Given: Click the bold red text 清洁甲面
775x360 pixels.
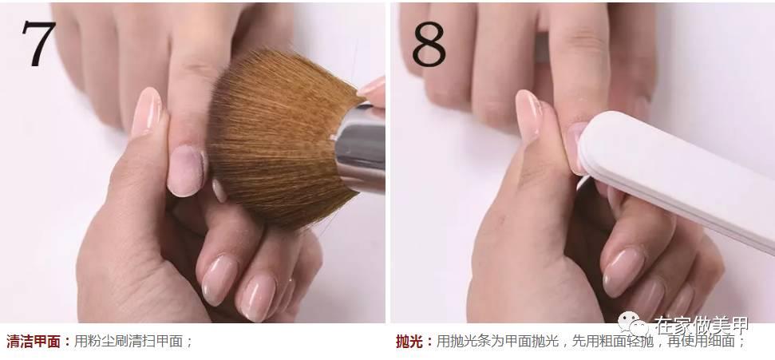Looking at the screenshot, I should (x=34, y=342).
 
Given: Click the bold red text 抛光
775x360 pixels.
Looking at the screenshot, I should (x=409, y=342).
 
